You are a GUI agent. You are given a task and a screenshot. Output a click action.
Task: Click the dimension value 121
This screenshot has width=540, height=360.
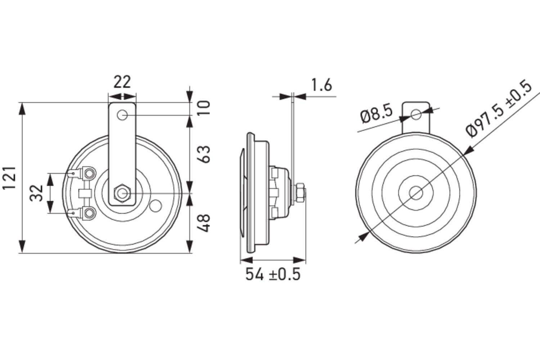(x=10, y=178)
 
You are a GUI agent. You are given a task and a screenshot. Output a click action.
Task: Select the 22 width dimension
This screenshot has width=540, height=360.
(x=122, y=82)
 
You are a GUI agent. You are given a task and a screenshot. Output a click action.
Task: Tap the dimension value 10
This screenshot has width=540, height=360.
(x=204, y=108)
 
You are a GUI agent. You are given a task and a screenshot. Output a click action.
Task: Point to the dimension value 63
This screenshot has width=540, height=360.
(x=204, y=154)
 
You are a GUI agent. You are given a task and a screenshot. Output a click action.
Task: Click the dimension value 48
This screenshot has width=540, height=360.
(x=204, y=223)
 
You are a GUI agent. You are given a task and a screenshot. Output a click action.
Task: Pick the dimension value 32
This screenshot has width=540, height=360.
(x=37, y=193)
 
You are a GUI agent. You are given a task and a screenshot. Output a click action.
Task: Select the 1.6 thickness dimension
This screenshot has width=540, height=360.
(x=321, y=85)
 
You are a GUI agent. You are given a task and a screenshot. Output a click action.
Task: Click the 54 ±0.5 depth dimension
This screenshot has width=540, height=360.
(x=273, y=274)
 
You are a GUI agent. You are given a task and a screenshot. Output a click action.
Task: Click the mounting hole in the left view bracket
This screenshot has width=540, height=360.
(x=122, y=116)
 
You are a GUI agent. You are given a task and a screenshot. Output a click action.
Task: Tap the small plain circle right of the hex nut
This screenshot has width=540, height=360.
(x=156, y=206)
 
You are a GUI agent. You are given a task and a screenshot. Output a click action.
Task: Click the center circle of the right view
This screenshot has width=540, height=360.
(x=416, y=193)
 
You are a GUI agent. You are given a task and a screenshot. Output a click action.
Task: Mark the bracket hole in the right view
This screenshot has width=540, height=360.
(x=416, y=114)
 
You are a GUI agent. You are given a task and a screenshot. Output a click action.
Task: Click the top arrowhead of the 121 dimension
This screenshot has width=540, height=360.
(x=22, y=108)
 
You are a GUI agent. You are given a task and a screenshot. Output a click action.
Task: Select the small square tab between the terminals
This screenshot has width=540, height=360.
(x=84, y=193)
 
